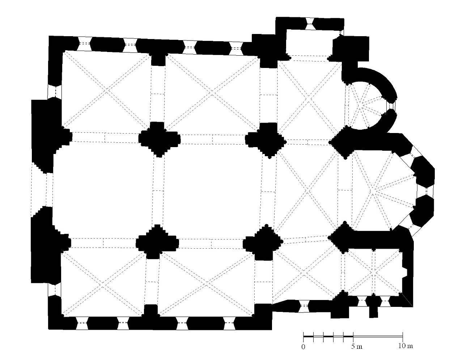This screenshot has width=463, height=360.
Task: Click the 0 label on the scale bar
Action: (x=303, y=347)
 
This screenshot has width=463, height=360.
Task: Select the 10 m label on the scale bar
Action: (x=405, y=346)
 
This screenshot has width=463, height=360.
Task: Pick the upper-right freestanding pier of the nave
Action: (x=265, y=140)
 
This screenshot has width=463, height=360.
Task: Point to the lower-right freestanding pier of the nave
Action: (x=263, y=243)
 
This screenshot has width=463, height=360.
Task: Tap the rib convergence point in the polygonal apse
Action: (x=371, y=192)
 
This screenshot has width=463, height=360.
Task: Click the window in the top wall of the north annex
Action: (x=310, y=23)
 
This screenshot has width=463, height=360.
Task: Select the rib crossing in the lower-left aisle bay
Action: (x=102, y=284)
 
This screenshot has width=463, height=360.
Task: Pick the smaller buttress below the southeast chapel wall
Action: (x=373, y=312)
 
